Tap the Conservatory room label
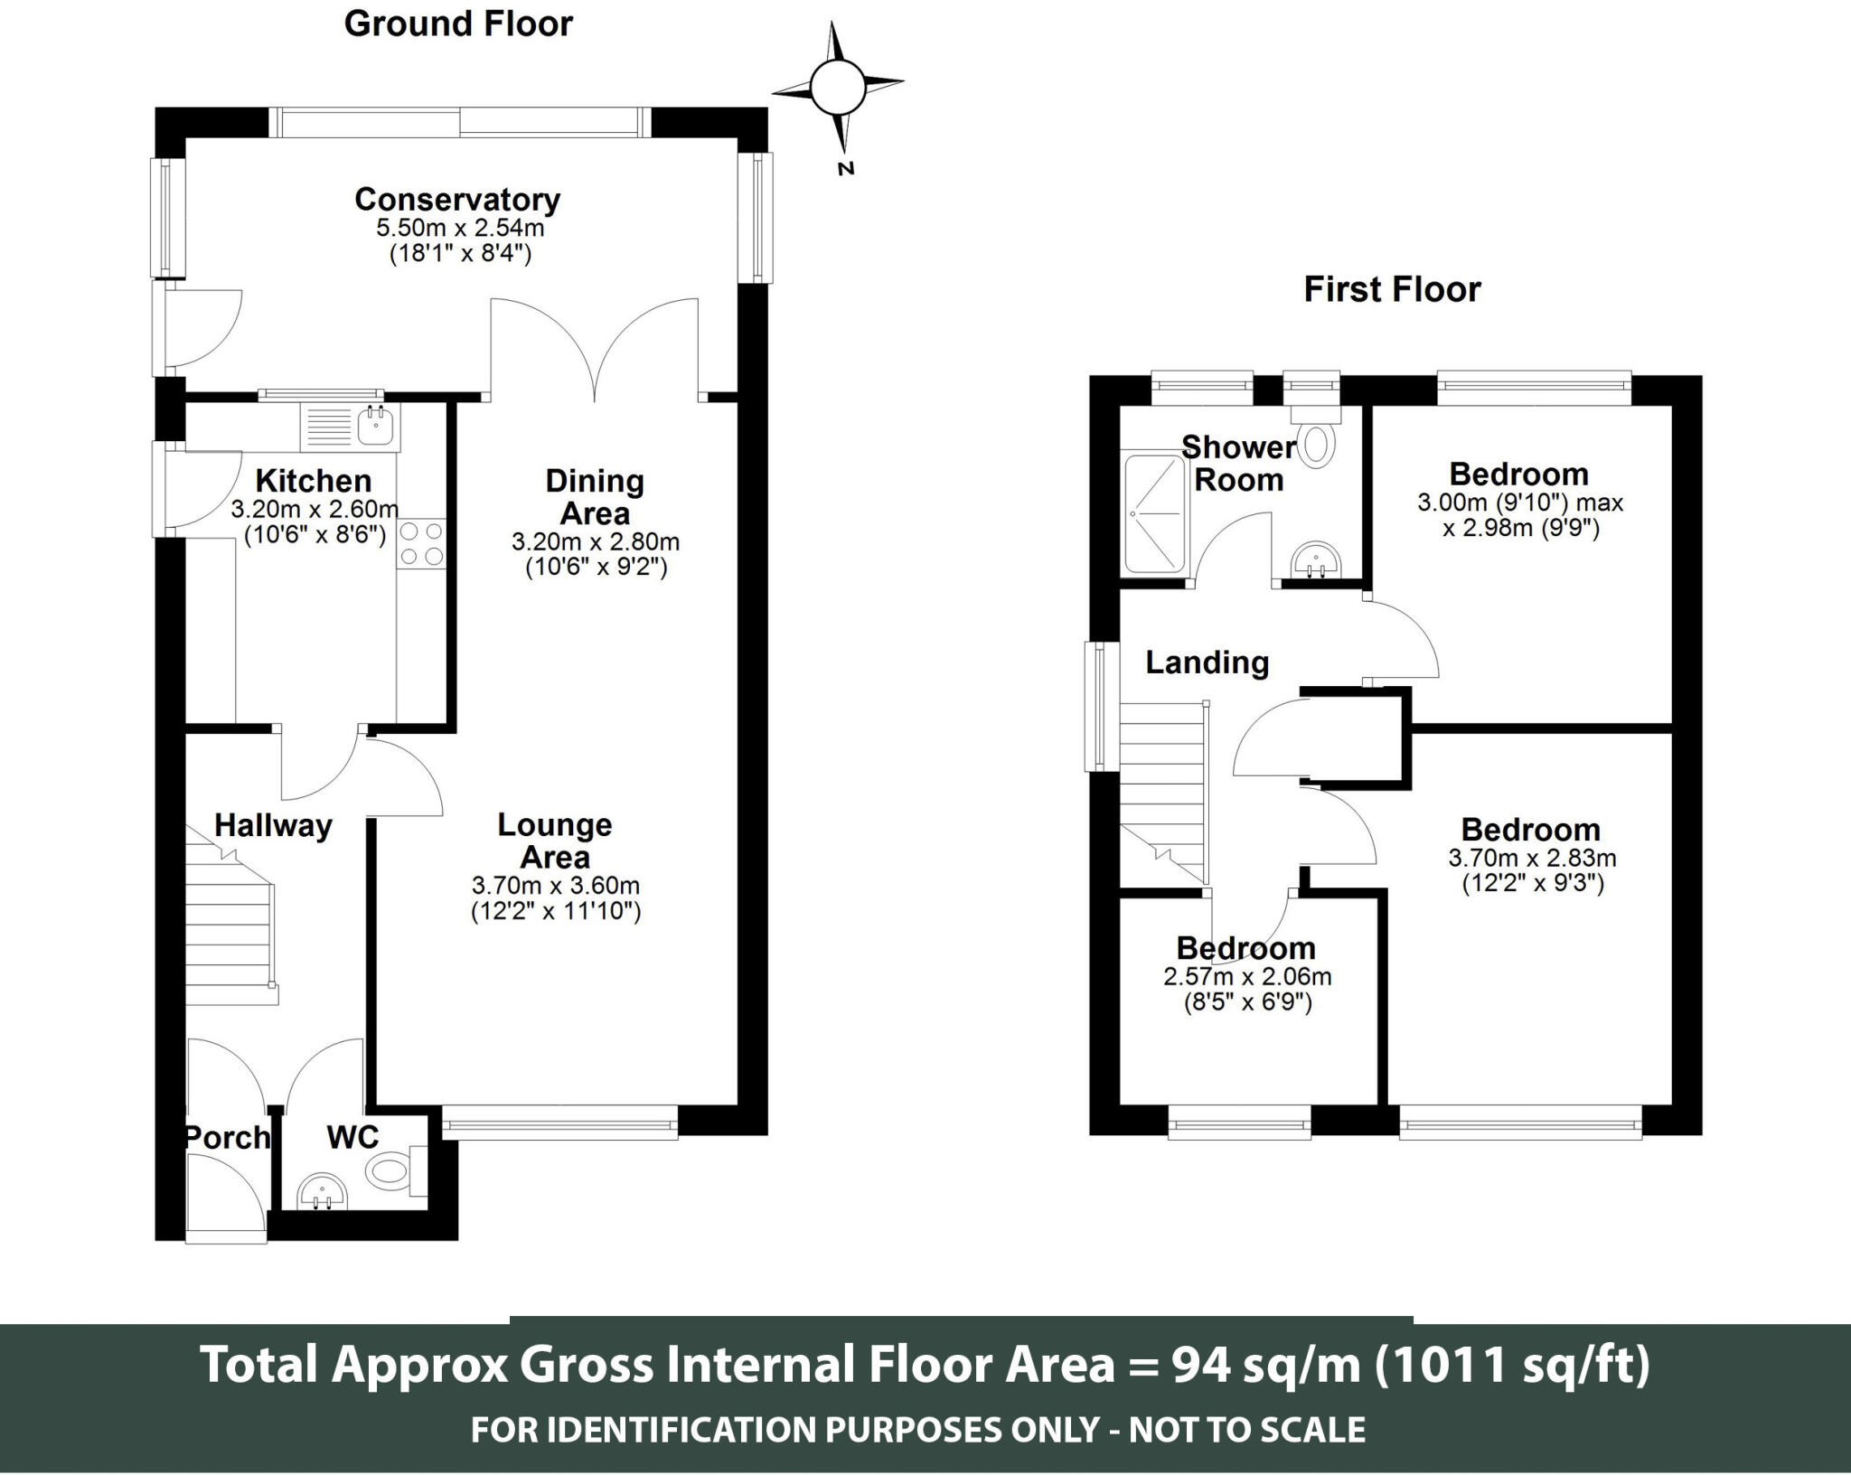pyautogui.click(x=457, y=199)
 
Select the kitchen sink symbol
pyautogui.click(x=350, y=427)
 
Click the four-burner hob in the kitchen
pyautogui.click(x=421, y=544)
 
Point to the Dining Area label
pyautogui.click(x=595, y=497)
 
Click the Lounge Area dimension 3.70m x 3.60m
pyautogui.click(x=556, y=885)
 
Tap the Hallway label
pyautogui.click(x=273, y=825)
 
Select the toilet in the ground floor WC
pyautogui.click(x=396, y=1170)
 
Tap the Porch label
pyautogui.click(x=228, y=1137)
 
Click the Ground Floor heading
pyautogui.click(x=458, y=24)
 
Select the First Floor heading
pyautogui.click(x=1392, y=290)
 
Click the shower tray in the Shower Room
pyautogui.click(x=1154, y=512)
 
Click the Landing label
pyautogui.click(x=1207, y=662)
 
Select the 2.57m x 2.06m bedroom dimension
pyautogui.click(x=1247, y=976)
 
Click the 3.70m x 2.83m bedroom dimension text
pyautogui.click(x=1533, y=858)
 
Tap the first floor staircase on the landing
pyautogui.click(x=1164, y=792)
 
